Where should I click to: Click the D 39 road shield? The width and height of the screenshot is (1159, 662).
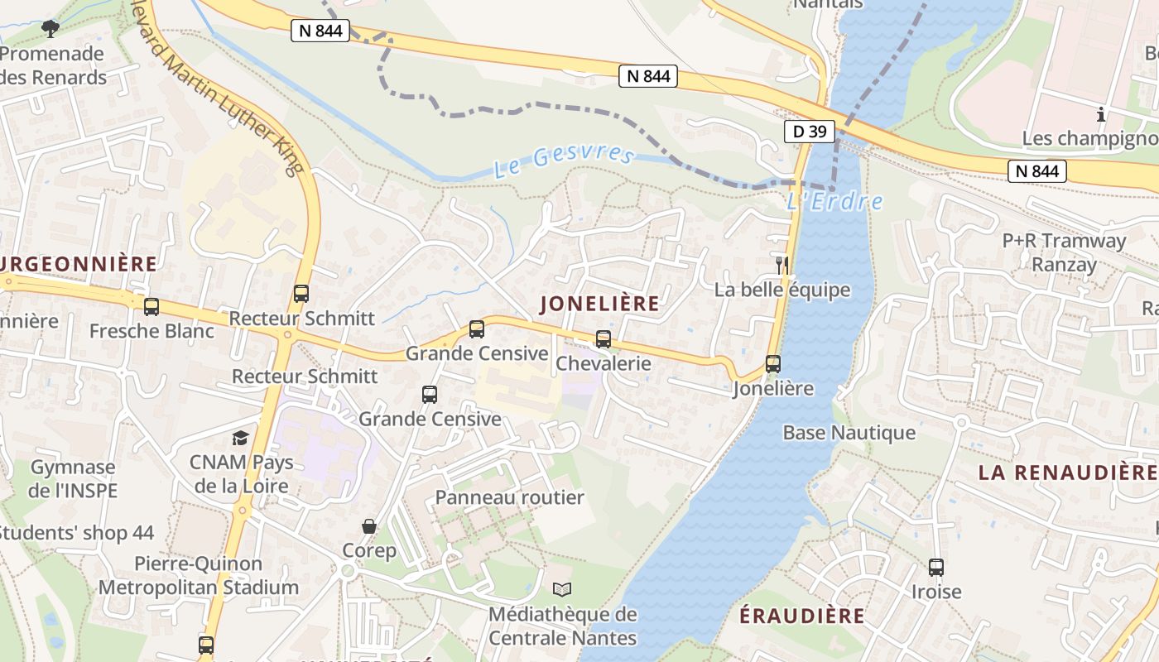[810, 131]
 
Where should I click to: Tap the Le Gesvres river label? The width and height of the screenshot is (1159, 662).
[564, 161]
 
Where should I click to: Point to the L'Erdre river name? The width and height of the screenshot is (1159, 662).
[834, 201]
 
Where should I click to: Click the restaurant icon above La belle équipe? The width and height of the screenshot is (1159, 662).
[781, 265]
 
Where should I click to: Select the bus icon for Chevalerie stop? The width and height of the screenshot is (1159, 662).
[604, 339]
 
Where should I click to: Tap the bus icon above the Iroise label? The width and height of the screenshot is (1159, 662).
[936, 568]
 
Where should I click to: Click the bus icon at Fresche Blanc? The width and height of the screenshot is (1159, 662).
[151, 307]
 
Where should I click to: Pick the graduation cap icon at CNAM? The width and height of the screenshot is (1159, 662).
[240, 438]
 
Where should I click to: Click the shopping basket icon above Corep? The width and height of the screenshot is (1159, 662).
[369, 526]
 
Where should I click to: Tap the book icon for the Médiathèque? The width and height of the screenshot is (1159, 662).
[562, 590]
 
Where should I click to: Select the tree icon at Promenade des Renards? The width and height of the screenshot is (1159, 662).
[50, 29]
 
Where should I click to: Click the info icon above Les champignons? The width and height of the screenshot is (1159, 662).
[1101, 114]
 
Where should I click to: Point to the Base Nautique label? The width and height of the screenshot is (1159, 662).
[849, 433]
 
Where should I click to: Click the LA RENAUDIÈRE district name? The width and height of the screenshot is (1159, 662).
[1066, 473]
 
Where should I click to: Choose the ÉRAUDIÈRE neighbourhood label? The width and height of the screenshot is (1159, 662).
[801, 616]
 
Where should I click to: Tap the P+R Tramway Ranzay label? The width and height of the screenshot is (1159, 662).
[1064, 252]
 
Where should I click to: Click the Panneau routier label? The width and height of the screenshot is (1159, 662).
[509, 497]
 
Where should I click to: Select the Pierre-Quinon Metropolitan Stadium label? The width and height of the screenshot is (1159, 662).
[199, 576]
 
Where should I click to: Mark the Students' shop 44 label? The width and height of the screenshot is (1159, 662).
[76, 532]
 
